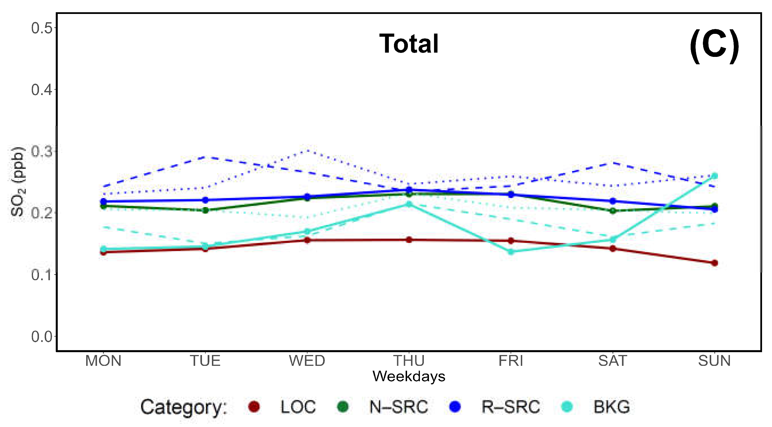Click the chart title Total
tap(409, 44)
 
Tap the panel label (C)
tap(714, 46)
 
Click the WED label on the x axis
tap(307, 360)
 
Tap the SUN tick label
tap(714, 360)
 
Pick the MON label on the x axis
tap(103, 360)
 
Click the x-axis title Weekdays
tap(409, 376)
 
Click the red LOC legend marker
tap(254, 407)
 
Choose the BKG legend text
tap(611, 407)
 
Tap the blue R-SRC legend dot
tap(455, 407)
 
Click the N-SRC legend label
tap(399, 407)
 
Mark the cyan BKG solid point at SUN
tap(715, 176)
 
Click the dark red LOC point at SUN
tap(715, 263)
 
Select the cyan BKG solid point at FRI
tap(511, 252)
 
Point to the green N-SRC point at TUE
tap(205, 210)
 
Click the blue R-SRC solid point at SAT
tap(613, 201)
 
